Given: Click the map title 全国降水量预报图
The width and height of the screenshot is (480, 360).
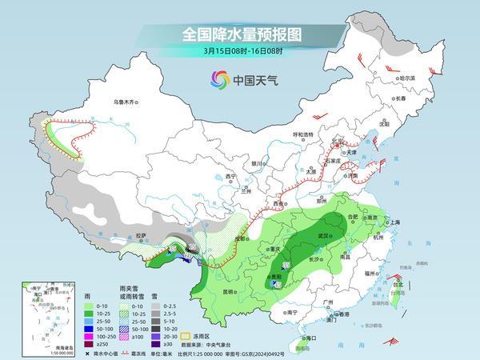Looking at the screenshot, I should [x=239, y=35].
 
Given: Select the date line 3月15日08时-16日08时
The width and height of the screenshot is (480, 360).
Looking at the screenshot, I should [x=239, y=53].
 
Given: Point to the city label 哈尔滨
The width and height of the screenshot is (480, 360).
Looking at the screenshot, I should [x=409, y=78].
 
